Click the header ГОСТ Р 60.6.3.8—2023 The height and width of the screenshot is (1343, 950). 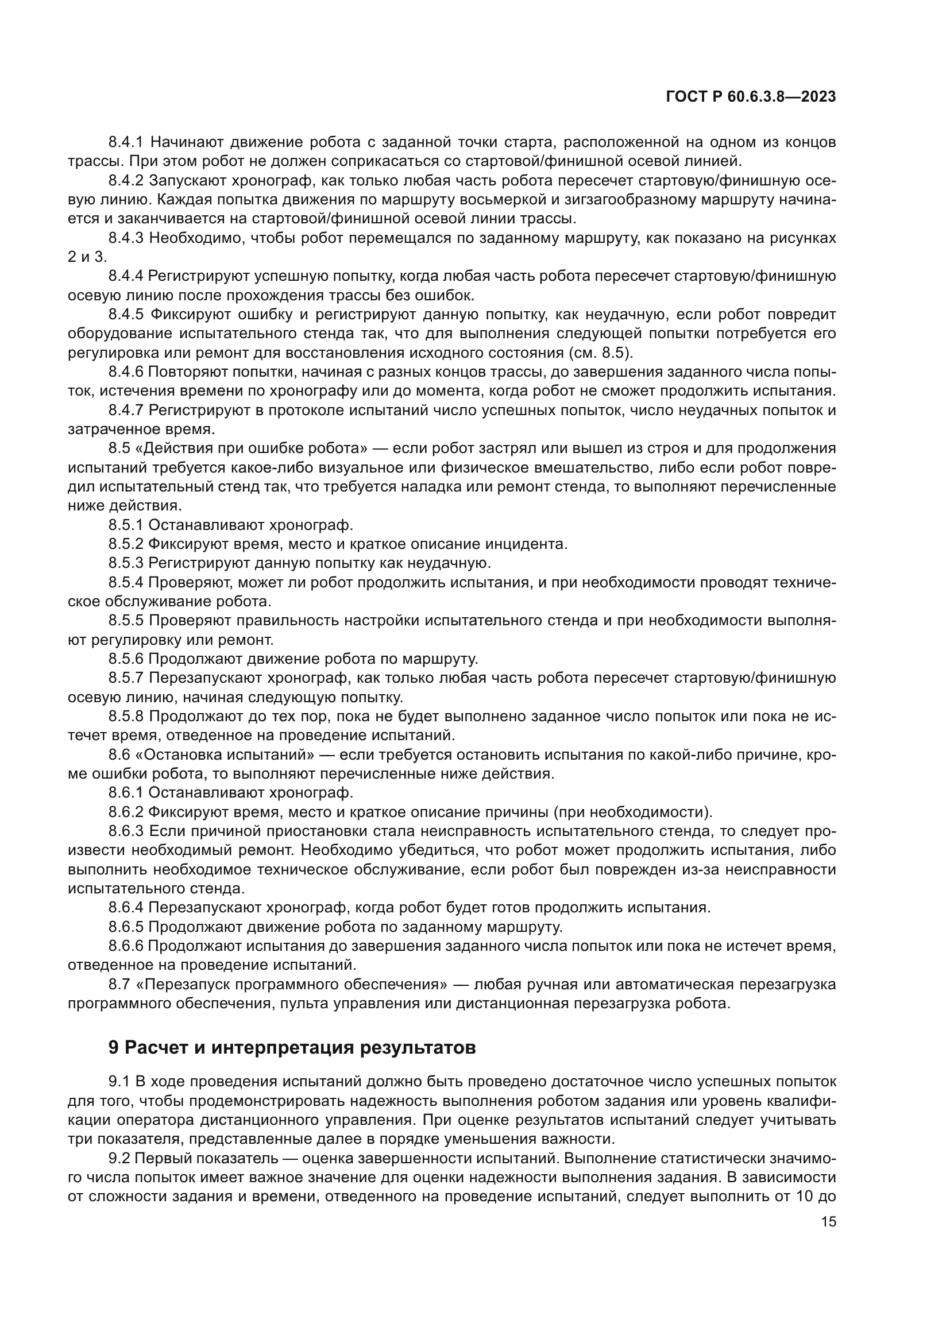tap(751, 97)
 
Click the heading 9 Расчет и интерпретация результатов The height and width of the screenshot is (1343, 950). tap(292, 1048)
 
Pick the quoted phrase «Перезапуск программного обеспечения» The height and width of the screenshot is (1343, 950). tap(291, 985)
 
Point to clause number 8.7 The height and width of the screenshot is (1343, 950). tap(119, 985)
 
